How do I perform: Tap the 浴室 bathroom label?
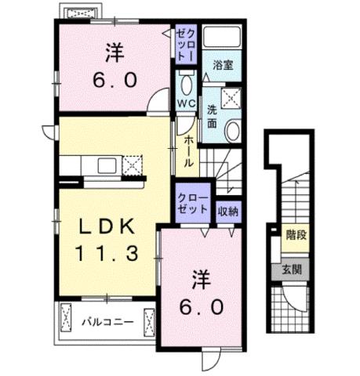[x=224, y=67]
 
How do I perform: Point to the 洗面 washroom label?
[x=213, y=117]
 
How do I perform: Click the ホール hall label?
[x=189, y=150]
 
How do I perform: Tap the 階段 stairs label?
[x=296, y=233]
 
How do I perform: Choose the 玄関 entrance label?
[x=293, y=269]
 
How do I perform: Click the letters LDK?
[x=111, y=226]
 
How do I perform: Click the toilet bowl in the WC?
[x=186, y=83]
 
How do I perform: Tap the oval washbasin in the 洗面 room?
[x=233, y=130]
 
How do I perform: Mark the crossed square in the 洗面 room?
[x=231, y=97]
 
